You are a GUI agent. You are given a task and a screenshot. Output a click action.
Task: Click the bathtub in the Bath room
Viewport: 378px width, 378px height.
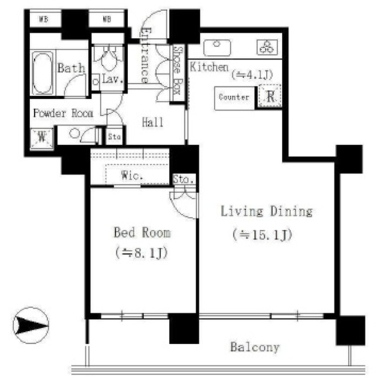tap(43, 73)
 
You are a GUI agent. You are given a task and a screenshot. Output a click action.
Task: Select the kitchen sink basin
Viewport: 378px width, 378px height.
tap(217, 47)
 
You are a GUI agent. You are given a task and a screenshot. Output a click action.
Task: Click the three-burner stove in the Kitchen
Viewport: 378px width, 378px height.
tap(267, 47)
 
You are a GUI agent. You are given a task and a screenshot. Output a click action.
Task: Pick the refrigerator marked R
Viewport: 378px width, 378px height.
tap(270, 96)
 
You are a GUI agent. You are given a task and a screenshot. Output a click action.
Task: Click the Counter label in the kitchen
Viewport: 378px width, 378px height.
tap(234, 97)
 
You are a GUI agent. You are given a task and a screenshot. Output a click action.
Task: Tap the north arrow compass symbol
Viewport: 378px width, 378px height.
tap(31, 325)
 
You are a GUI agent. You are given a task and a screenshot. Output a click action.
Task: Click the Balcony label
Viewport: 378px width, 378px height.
tap(255, 347)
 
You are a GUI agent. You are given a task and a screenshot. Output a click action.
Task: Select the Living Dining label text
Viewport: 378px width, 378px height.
tap(266, 211)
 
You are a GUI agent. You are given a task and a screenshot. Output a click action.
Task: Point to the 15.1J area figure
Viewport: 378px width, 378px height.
tap(262, 235)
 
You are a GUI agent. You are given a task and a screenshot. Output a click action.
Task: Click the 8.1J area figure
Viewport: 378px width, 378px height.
tap(141, 253)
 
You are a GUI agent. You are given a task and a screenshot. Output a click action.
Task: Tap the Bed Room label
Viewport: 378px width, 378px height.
tap(142, 233)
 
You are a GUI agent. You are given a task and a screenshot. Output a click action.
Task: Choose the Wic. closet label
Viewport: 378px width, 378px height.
tap(132, 175)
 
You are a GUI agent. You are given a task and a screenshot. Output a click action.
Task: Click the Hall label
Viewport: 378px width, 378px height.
tap(152, 122)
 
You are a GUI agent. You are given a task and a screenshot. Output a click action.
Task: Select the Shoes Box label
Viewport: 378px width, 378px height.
tap(178, 70)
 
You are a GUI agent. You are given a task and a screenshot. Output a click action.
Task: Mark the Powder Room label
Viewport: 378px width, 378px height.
tap(63, 113)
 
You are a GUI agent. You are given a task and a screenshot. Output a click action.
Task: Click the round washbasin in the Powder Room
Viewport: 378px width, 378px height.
tap(74, 133)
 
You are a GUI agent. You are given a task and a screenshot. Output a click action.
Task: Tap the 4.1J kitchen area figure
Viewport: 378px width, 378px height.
tap(252, 75)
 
